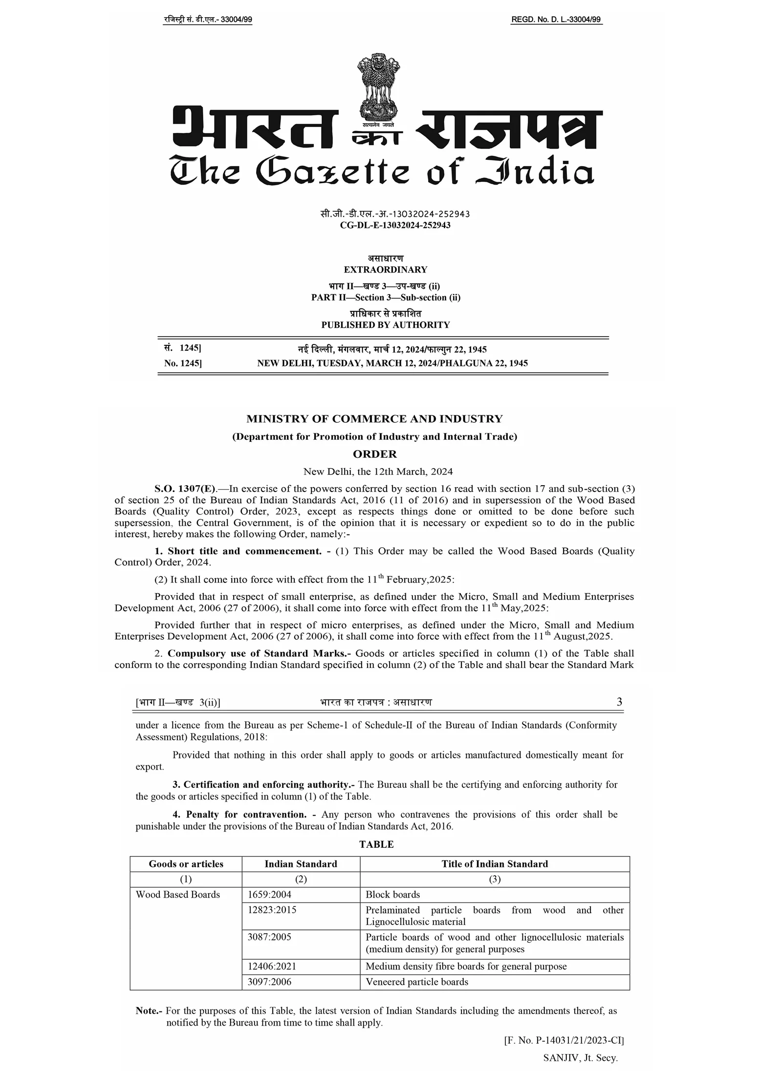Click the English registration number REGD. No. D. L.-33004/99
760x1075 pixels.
pyautogui.click(x=556, y=20)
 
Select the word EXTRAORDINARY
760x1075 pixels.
pyautogui.click(x=385, y=270)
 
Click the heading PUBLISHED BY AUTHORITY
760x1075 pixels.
pyautogui.click(x=385, y=325)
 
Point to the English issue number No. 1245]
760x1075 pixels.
pyautogui.click(x=183, y=363)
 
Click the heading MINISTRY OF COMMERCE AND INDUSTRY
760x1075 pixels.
pyautogui.click(x=374, y=419)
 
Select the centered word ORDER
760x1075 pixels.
pyautogui.click(x=375, y=454)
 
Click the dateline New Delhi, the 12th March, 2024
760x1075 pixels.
pyautogui.click(x=378, y=472)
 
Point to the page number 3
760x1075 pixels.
pyautogui.click(x=619, y=702)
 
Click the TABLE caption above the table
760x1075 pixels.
pyautogui.click(x=376, y=844)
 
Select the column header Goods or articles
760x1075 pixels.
pyautogui.click(x=186, y=864)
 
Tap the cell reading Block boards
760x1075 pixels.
pyautogui.click(x=392, y=895)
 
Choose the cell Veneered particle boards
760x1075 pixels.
pyautogui.click(x=416, y=982)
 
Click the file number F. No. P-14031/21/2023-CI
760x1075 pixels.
pyautogui.click(x=564, y=1041)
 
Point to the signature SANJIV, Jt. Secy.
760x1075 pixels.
pyautogui.click(x=580, y=1058)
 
